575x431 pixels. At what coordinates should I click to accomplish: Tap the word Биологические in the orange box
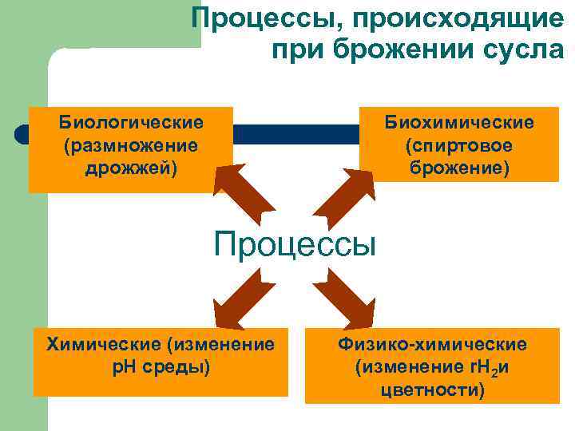(131, 123)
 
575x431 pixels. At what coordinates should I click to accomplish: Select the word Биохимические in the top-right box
(459, 123)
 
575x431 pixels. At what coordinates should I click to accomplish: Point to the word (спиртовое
(459, 146)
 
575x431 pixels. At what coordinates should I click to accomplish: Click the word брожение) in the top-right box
(459, 168)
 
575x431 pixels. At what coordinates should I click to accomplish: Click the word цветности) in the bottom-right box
(432, 390)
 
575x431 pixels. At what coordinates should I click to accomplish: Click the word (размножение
(131, 146)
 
